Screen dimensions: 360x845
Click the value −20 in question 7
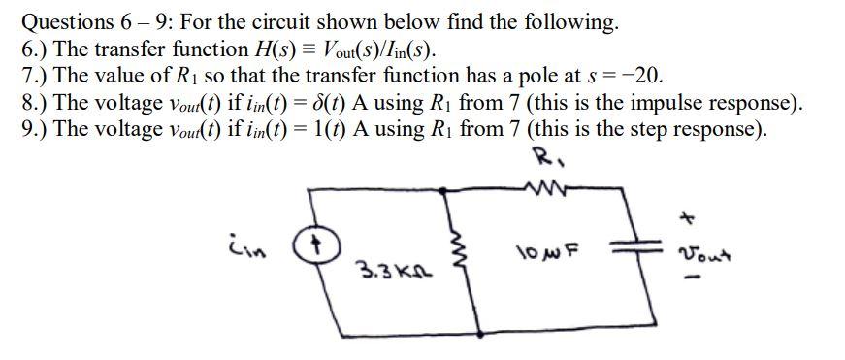point(641,76)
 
